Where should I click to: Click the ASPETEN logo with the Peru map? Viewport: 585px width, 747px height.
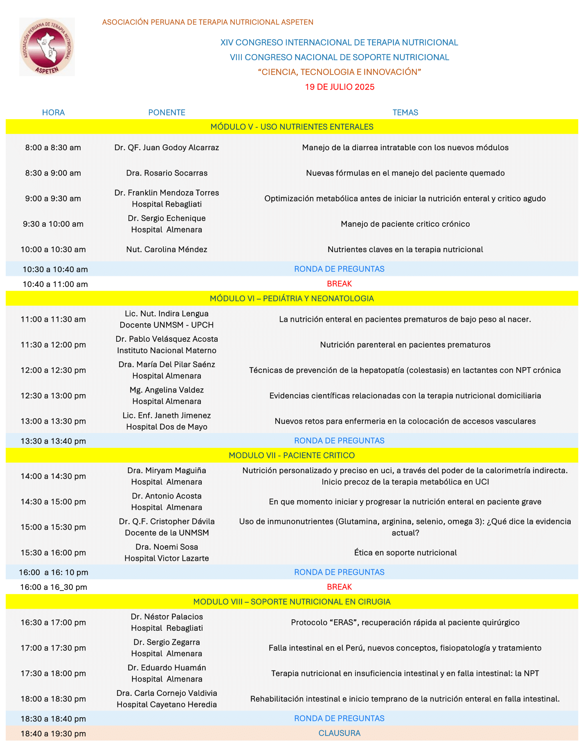click(47, 47)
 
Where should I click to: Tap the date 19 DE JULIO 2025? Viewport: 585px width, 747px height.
click(340, 87)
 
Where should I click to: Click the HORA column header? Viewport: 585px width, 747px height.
click(53, 113)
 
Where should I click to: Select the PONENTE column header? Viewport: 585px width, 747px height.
click(166, 113)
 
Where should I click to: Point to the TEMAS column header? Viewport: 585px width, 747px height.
click(405, 113)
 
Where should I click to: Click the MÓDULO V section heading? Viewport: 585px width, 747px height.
click(292, 127)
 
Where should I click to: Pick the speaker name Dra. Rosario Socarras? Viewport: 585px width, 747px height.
click(166, 173)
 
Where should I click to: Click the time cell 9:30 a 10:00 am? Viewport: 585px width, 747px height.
click(53, 224)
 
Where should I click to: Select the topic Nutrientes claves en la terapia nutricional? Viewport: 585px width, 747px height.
click(405, 249)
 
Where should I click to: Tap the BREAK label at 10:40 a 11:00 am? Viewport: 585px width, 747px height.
click(339, 284)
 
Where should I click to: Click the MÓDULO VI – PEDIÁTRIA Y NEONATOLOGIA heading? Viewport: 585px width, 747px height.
click(292, 298)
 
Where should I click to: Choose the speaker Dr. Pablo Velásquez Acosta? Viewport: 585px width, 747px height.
click(166, 339)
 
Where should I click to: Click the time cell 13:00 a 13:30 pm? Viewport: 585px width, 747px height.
click(53, 421)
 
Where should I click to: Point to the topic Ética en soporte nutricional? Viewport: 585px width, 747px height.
click(405, 553)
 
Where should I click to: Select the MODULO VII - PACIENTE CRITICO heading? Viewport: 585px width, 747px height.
click(292, 455)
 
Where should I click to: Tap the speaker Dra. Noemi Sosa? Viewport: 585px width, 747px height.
click(166, 547)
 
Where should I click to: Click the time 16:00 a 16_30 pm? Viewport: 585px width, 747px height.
click(54, 587)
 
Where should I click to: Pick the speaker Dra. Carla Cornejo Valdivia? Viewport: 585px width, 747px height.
click(166, 693)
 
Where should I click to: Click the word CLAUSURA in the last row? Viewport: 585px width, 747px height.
click(339, 733)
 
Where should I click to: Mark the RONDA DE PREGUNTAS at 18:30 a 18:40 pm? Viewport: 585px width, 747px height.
click(339, 718)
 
